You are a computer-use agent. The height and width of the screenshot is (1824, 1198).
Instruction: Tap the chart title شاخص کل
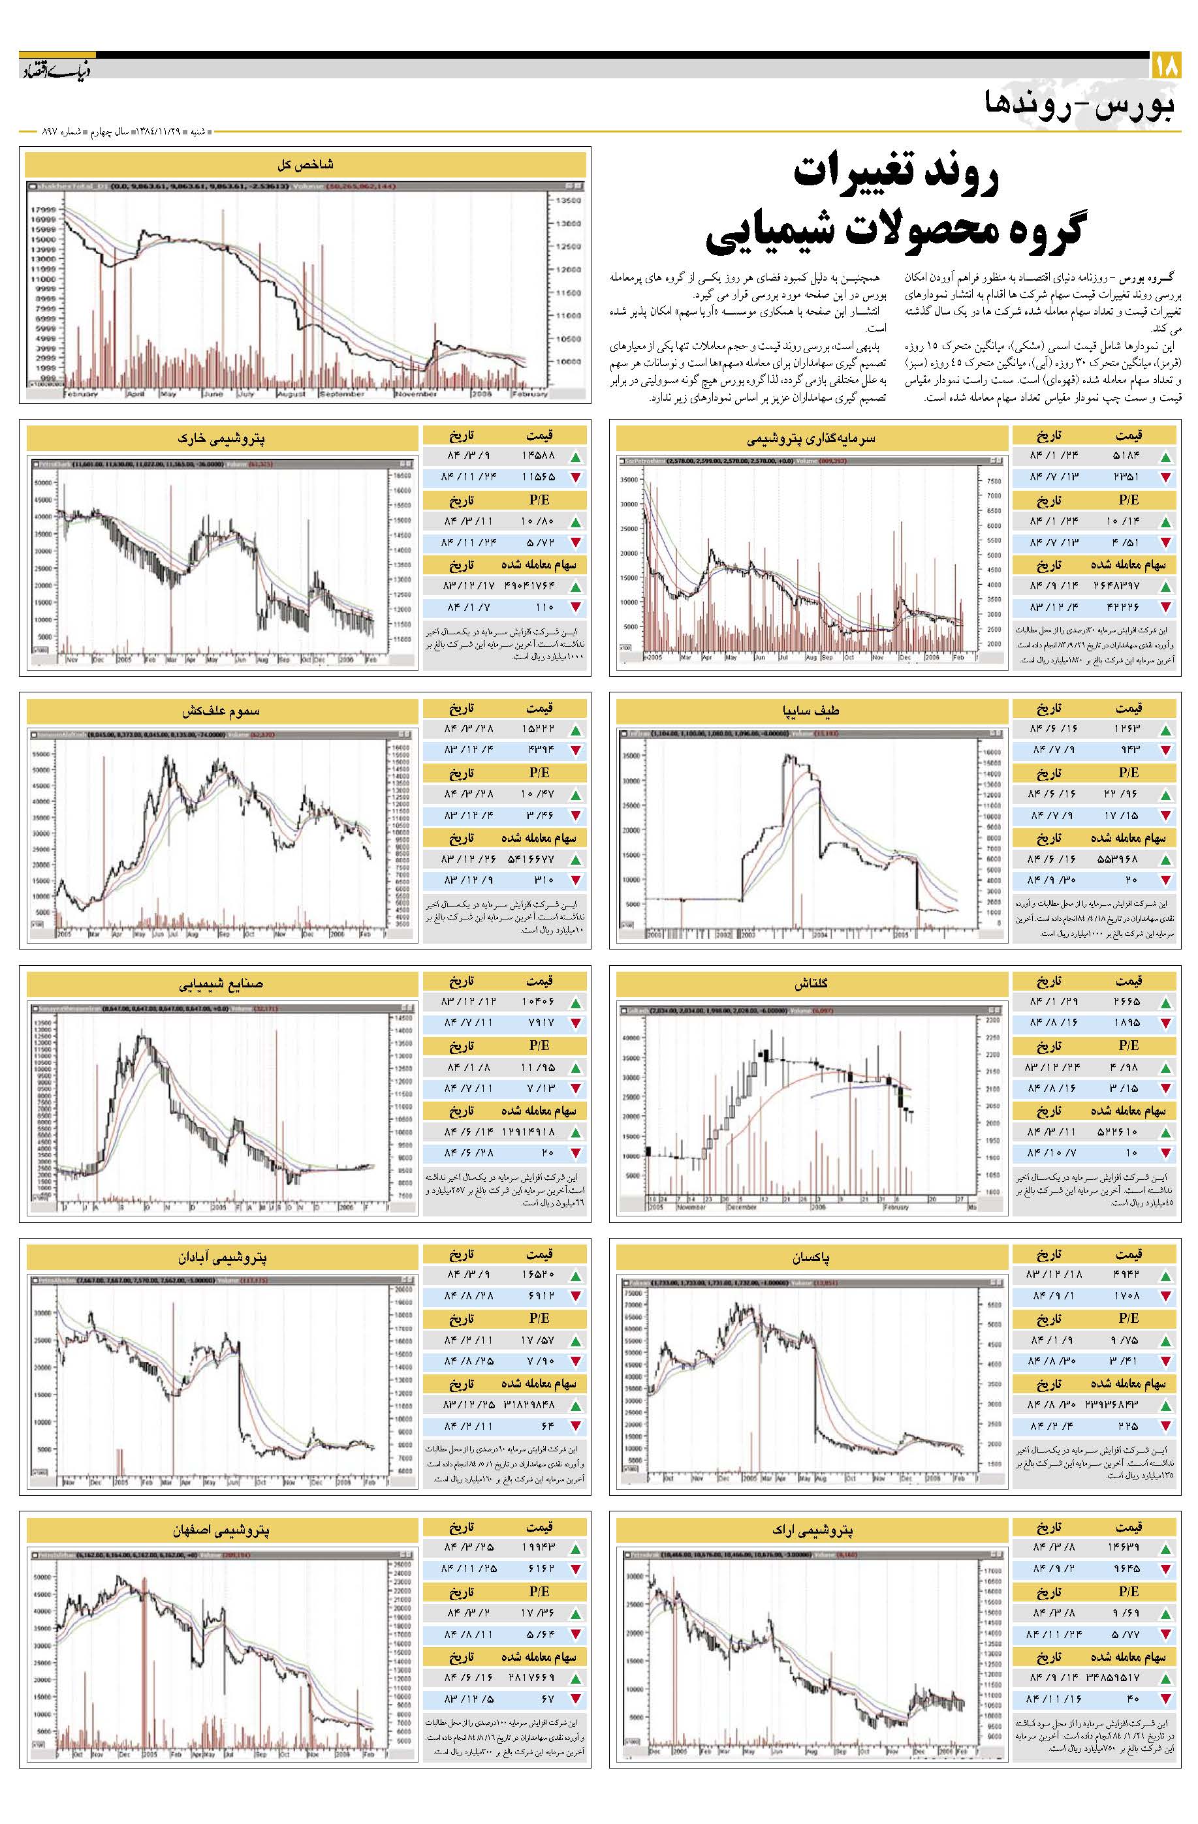pyautogui.click(x=305, y=164)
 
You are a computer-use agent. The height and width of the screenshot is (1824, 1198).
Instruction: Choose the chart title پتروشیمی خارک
pyautogui.click(x=222, y=439)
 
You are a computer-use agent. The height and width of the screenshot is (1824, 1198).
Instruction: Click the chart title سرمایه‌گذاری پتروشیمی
pyautogui.click(x=811, y=439)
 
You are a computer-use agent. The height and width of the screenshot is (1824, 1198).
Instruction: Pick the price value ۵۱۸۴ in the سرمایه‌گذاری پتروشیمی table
pyautogui.click(x=1127, y=457)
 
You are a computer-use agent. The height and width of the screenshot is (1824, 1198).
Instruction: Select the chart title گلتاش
pyautogui.click(x=811, y=983)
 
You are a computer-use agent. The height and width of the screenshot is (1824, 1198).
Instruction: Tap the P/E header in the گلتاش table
pyautogui.click(x=1127, y=1045)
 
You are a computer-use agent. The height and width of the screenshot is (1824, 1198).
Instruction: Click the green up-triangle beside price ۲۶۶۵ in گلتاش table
pyautogui.click(x=1166, y=1003)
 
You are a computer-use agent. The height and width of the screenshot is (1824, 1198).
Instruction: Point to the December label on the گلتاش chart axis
pyautogui.click(x=740, y=1208)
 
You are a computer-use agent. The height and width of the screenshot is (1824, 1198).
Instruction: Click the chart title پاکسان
pyautogui.click(x=811, y=1257)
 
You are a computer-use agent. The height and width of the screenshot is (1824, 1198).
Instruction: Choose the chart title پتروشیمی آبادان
pyautogui.click(x=222, y=1257)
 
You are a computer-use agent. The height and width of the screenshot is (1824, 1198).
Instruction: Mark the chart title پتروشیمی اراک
pyautogui.click(x=811, y=1530)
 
